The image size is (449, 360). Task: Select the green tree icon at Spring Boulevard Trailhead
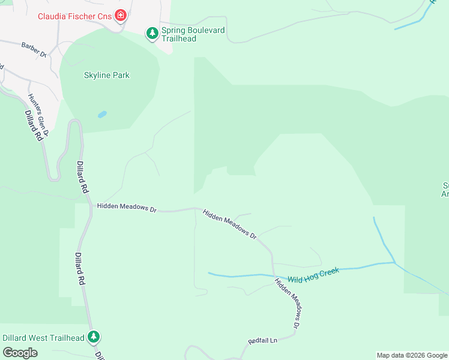coord(152,32)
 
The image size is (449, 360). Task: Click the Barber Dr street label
coord(34,49)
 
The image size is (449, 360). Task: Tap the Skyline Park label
coord(106,76)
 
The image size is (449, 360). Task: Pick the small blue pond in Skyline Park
coord(102,114)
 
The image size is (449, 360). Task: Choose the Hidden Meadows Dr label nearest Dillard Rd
coord(126,208)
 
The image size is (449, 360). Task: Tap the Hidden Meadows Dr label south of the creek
coord(287,303)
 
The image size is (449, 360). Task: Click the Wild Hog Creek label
coord(313,275)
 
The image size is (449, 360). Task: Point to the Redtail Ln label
coord(262,341)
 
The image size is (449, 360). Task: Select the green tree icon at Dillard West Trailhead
coord(93,337)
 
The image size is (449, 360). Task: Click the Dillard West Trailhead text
coord(43,338)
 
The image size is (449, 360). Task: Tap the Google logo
coord(20,353)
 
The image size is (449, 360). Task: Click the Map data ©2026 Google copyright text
coord(411,355)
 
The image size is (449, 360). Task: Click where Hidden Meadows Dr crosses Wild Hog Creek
coord(273,276)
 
